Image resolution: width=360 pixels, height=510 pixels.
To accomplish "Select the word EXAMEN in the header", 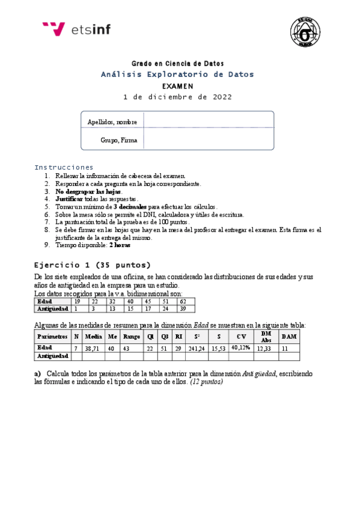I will click(x=177, y=86).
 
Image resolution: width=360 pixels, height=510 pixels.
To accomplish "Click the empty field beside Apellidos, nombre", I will click(x=208, y=121).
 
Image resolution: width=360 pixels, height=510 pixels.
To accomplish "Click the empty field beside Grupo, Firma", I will click(x=208, y=140).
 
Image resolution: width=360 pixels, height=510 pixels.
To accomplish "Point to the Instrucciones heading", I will click(x=64, y=167).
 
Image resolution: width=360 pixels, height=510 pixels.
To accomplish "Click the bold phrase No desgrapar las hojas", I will click(x=88, y=191).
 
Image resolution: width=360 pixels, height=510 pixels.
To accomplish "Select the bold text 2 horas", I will click(x=120, y=245).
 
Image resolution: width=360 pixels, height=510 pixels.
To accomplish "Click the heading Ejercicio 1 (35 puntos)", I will click(x=93, y=265).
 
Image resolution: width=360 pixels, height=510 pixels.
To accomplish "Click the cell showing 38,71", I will click(x=94, y=348).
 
